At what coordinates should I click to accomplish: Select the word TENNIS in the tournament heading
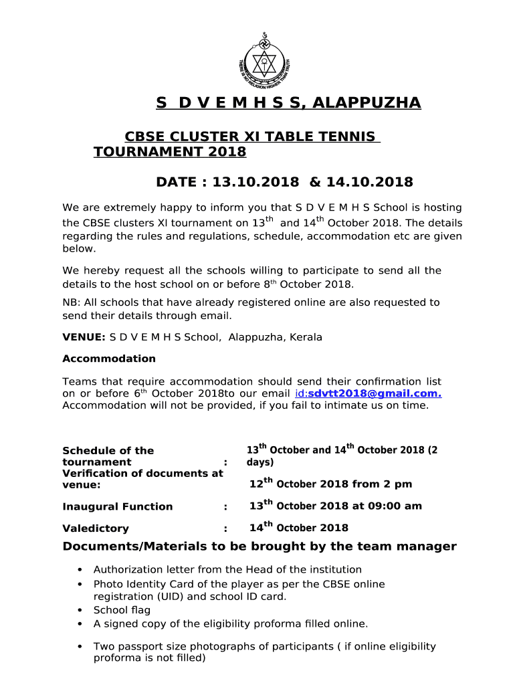point(346,137)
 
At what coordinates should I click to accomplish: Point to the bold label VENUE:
point(84,337)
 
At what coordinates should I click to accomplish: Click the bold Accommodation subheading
point(108,359)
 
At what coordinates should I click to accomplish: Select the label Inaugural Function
point(117,507)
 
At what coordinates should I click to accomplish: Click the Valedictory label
point(95,528)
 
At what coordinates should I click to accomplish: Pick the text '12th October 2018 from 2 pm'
point(330,484)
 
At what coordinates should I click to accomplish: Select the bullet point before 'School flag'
point(80,610)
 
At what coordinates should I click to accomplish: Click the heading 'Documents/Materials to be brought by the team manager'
point(260,547)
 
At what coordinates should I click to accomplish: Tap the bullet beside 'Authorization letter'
point(80,570)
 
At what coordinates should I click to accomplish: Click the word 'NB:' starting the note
point(72,302)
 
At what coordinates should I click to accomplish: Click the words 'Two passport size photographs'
point(166,646)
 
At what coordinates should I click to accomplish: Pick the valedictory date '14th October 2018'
point(298,528)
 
